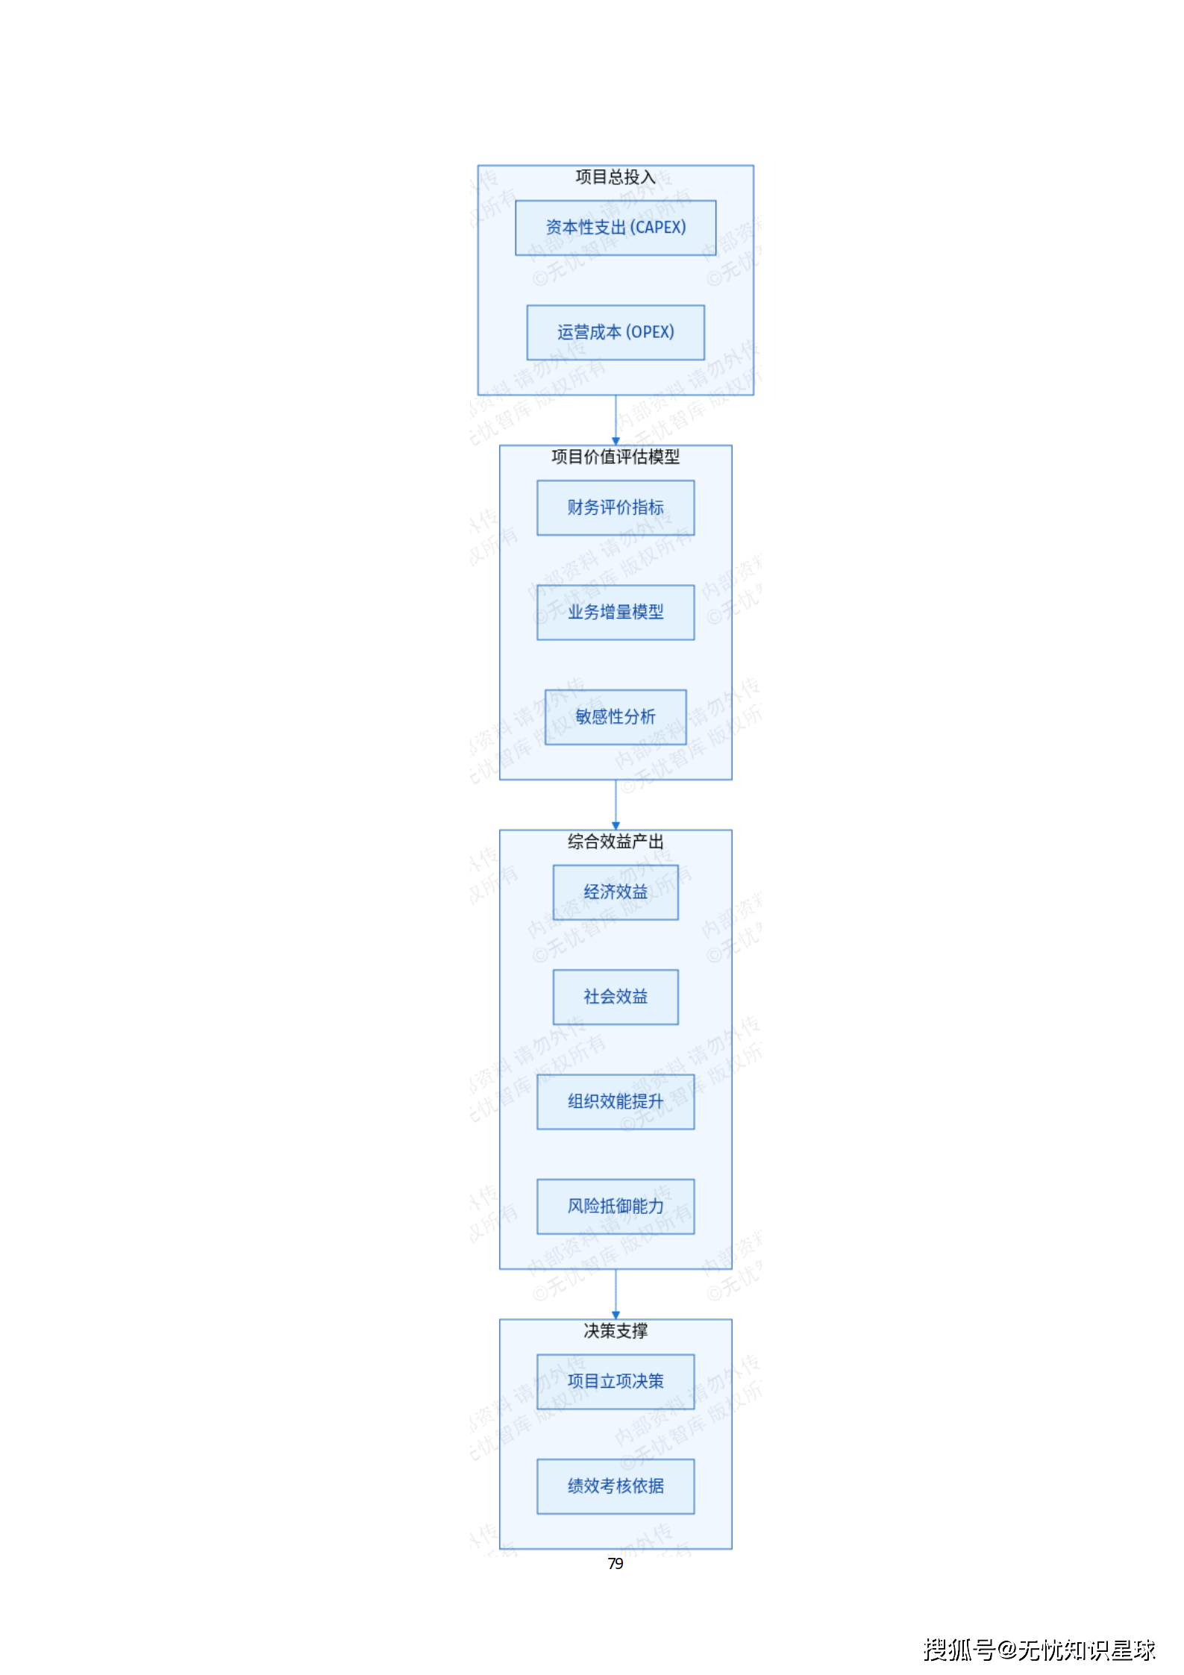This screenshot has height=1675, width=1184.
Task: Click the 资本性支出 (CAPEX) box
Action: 616,228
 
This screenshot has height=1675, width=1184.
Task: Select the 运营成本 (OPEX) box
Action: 616,332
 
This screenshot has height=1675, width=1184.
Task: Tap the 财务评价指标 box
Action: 616,507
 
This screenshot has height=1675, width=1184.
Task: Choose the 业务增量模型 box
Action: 616,612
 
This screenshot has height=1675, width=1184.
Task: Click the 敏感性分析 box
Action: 616,717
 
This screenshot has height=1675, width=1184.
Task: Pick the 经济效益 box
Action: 616,892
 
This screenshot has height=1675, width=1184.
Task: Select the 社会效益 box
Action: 616,997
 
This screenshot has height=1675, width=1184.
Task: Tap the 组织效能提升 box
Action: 616,1101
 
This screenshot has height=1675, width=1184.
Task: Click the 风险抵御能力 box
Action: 616,1206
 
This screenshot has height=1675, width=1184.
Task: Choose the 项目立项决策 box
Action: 616,1382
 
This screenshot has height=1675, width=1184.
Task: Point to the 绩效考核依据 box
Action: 616,1486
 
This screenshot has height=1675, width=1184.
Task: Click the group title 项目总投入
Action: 616,177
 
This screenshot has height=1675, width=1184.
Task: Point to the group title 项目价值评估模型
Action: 616,457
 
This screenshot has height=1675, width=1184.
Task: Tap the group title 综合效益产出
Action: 616,842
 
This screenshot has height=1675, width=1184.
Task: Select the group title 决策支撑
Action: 616,1331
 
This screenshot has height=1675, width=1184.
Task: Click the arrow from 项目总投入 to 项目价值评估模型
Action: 616,420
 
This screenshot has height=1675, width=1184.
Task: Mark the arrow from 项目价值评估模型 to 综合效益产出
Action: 616,804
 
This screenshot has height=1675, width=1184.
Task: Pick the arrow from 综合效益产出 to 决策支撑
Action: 616,1294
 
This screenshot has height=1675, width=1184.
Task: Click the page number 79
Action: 616,1563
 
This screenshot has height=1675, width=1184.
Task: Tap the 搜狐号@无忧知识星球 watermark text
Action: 1039,1650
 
